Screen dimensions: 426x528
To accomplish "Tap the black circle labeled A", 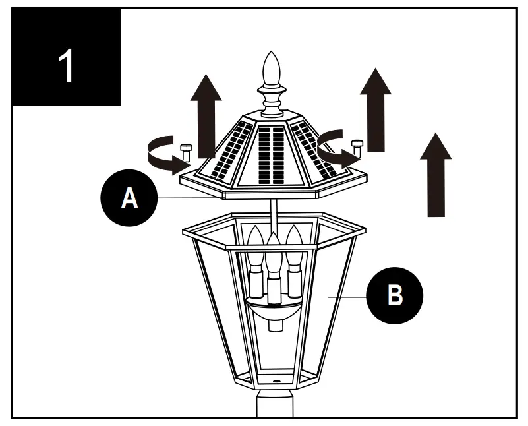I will pyautogui.click(x=130, y=198).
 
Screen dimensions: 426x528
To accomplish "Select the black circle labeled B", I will pyautogui.click(x=394, y=295).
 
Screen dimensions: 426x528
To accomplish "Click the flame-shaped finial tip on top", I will pyautogui.click(x=272, y=67).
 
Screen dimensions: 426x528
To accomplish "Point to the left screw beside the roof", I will pyautogui.click(x=185, y=151).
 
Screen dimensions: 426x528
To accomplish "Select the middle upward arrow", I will pyautogui.click(x=374, y=109).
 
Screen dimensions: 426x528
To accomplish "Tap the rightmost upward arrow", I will pyautogui.click(x=436, y=175).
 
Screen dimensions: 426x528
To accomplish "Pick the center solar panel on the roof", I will pyautogui.click(x=271, y=154).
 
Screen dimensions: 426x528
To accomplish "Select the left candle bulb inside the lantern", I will pyautogui.click(x=255, y=260).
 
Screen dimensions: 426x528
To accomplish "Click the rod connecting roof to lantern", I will pyautogui.click(x=272, y=214).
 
